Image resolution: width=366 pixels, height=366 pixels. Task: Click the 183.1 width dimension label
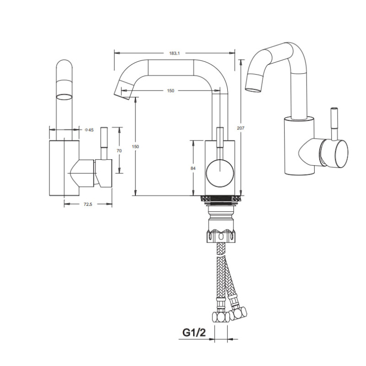pos(174,53)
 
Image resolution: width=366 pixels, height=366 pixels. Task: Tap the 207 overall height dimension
pos(241,128)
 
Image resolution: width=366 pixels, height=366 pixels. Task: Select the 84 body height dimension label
pos(193,168)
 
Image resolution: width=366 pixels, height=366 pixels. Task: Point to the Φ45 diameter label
pos(89,130)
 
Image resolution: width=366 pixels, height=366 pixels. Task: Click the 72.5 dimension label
pos(88,204)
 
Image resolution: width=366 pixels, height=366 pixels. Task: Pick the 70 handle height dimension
pos(119,151)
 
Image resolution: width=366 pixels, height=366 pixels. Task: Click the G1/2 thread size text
pos(194,333)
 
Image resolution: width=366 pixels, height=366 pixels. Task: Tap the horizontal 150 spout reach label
pos(171,91)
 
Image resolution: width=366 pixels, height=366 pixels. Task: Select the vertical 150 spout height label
pos(135,146)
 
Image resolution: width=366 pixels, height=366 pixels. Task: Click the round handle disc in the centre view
pos(220,173)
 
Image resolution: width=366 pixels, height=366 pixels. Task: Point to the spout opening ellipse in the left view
pos(65,97)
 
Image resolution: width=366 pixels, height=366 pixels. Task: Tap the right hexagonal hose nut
pos(238,313)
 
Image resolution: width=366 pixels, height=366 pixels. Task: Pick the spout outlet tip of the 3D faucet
pos(253,84)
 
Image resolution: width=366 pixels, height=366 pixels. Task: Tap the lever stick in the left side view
pos(104,143)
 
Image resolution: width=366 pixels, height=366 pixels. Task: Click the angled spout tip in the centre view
pos(123,90)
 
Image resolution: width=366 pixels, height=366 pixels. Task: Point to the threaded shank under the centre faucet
pos(221,199)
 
